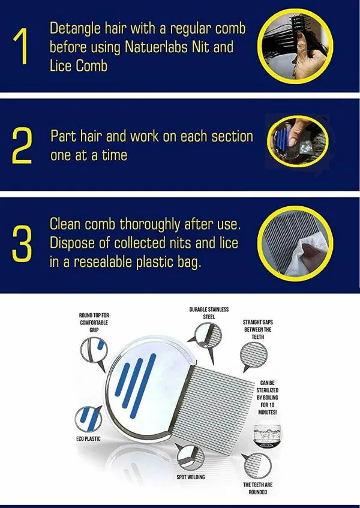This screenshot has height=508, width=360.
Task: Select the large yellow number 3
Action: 22,242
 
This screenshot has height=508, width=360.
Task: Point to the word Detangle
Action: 76,28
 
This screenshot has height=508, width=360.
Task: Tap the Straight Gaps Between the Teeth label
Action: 257,329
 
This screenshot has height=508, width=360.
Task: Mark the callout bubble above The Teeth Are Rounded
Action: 256,465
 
